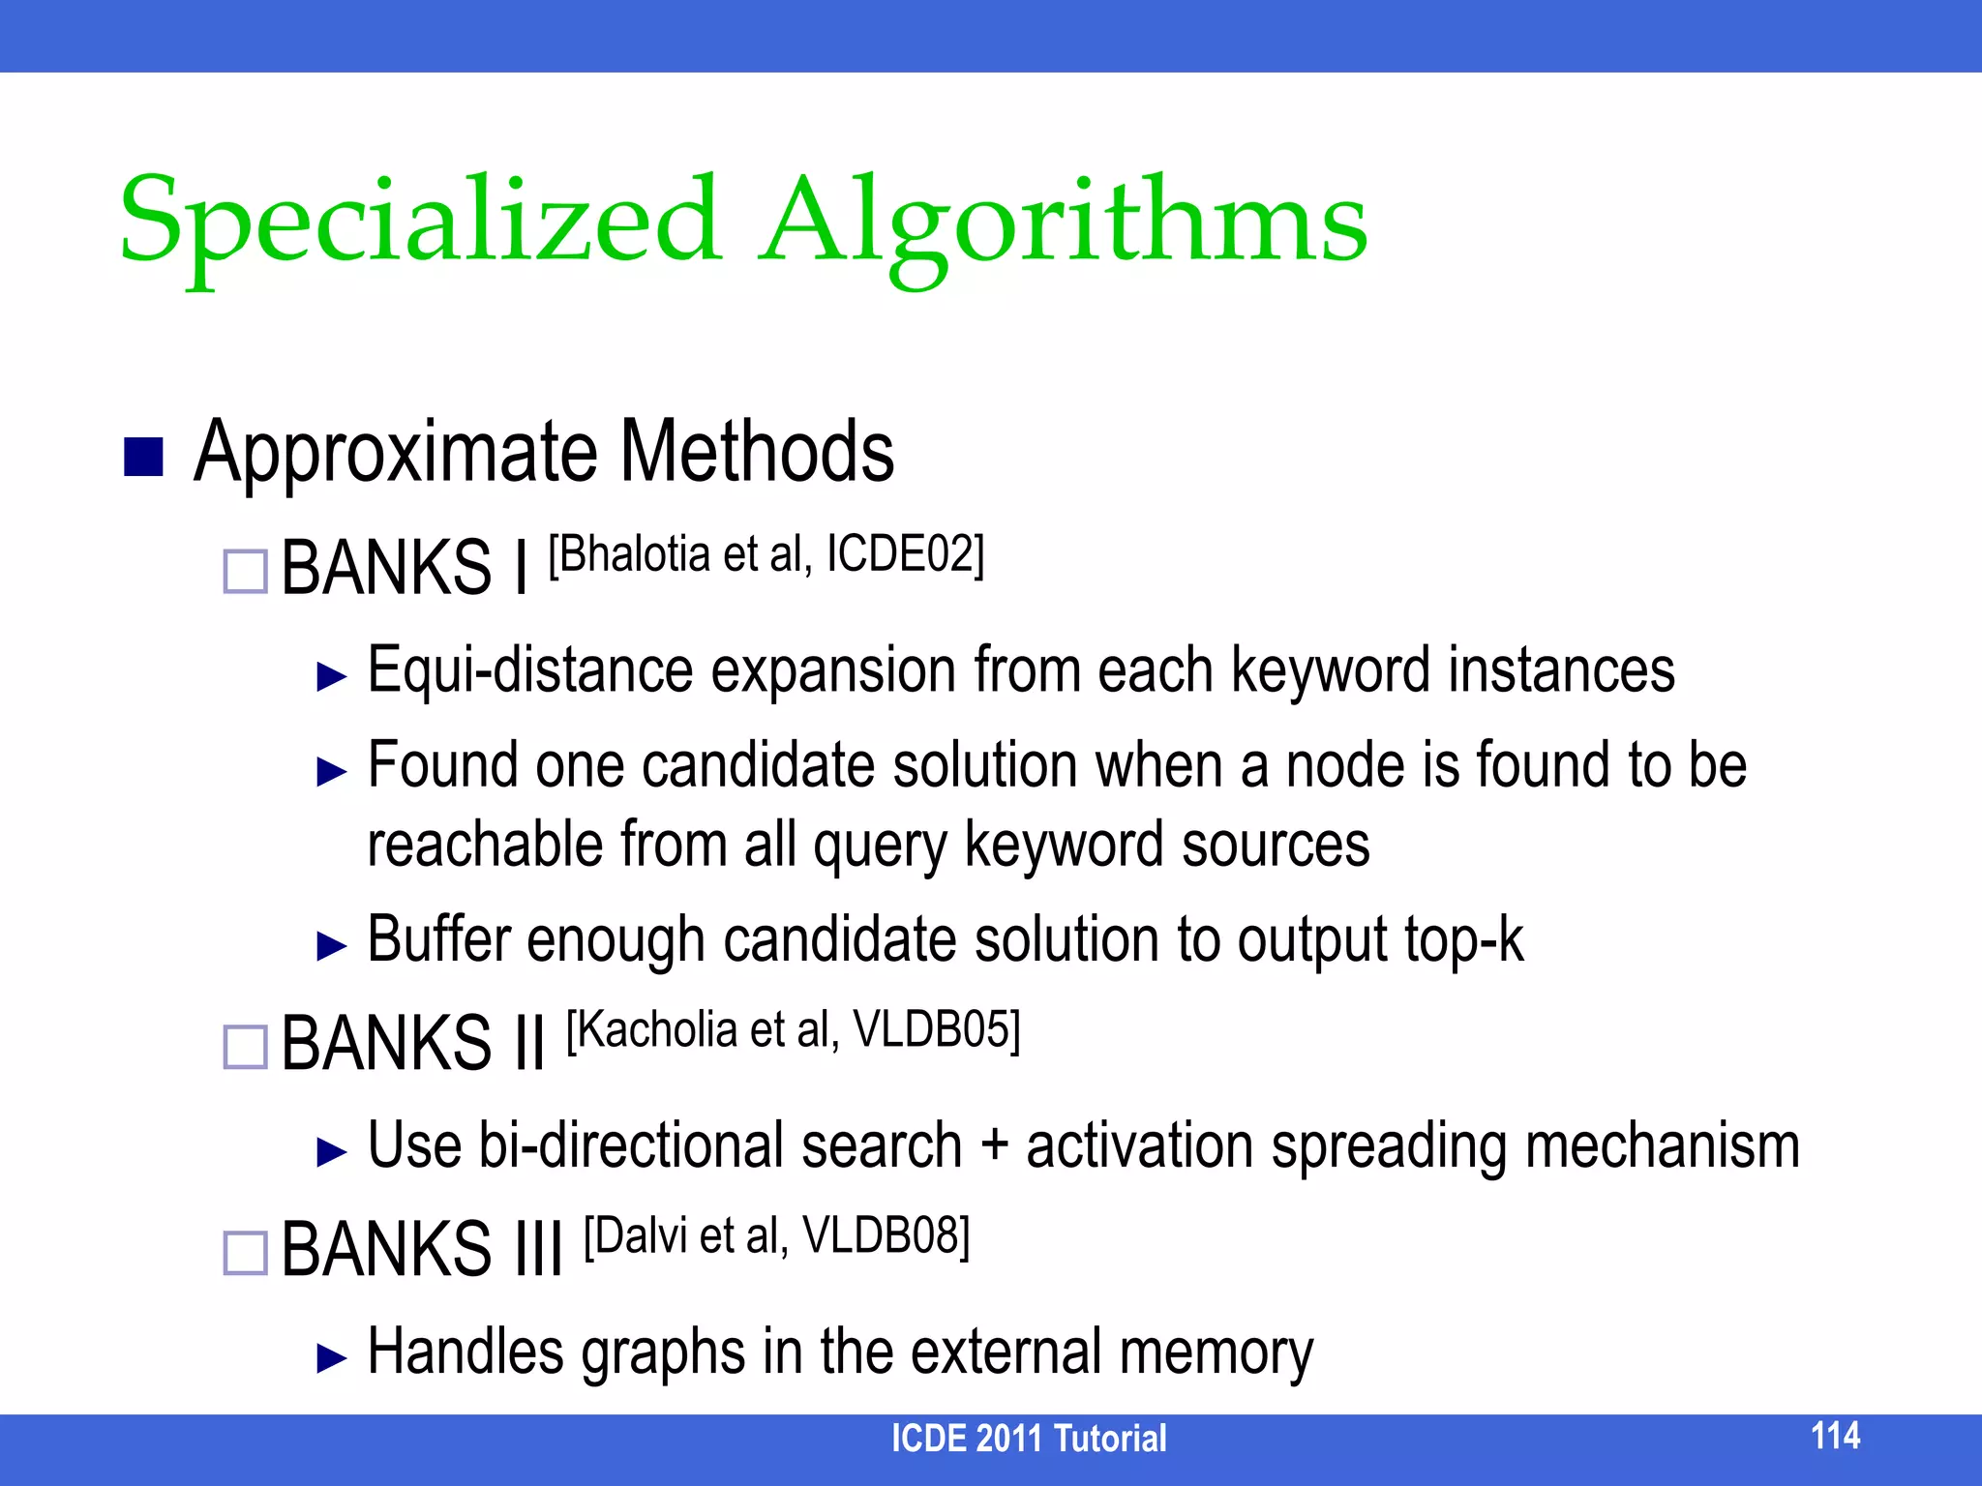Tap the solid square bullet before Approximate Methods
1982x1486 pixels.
[143, 458]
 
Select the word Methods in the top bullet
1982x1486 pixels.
[756, 452]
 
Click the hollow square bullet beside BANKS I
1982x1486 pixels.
[245, 572]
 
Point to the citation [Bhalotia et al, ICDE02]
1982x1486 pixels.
[766, 555]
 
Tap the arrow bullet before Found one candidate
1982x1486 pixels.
[332, 771]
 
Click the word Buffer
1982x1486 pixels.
[439, 939]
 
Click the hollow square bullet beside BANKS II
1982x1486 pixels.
[245, 1047]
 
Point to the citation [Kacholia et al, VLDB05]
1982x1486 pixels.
[793, 1031]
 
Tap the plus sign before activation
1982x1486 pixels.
[994, 1146]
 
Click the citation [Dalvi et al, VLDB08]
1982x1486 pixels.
[776, 1236]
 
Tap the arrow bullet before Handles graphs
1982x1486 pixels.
[332, 1358]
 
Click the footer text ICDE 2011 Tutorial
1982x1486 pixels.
[1029, 1439]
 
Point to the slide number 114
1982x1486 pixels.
[1835, 1436]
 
